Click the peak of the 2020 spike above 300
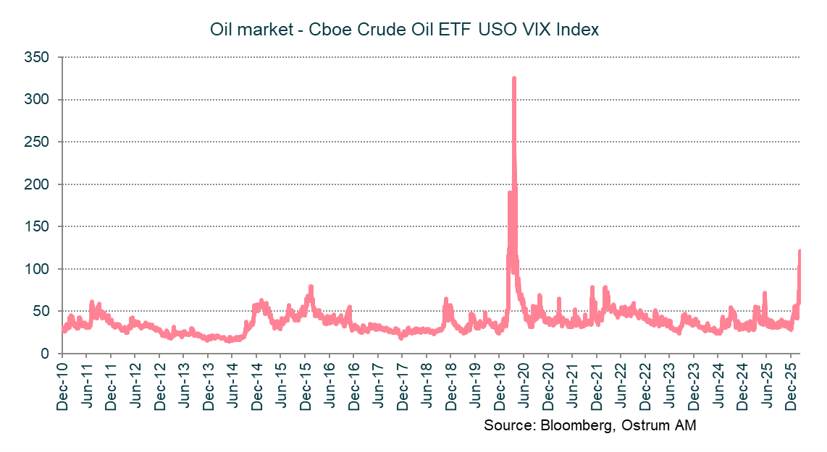tap(513, 78)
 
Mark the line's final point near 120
tap(799, 251)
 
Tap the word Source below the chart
tap(508, 425)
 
